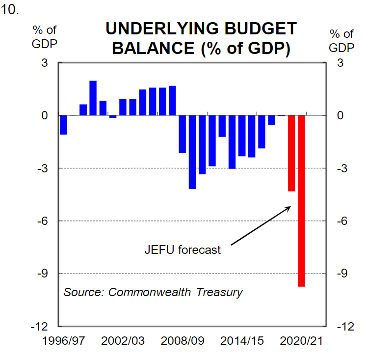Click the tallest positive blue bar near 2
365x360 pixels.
point(93,98)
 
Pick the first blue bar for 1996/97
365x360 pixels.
point(63,125)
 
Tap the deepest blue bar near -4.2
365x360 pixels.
point(192,152)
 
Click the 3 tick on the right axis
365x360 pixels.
point(340,63)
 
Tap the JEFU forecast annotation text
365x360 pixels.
point(182,249)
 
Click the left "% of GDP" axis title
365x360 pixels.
point(45,36)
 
